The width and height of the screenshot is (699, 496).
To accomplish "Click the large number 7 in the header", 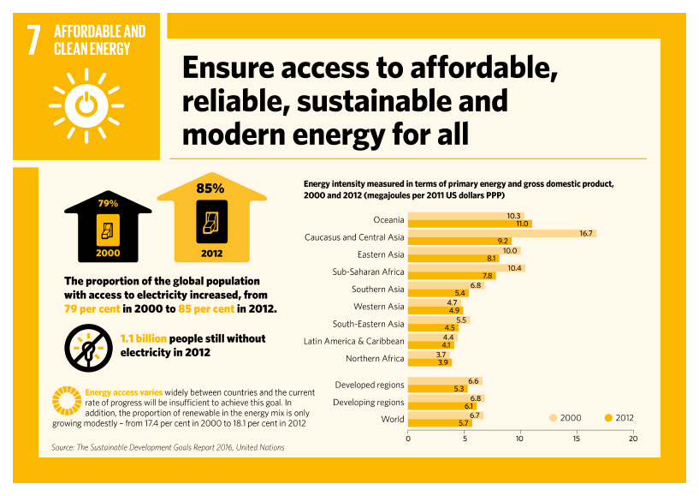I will pyautogui.click(x=34, y=40).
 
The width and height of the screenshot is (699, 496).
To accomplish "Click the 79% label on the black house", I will pyautogui.click(x=108, y=204).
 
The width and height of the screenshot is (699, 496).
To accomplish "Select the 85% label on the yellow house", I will pyautogui.click(x=210, y=188).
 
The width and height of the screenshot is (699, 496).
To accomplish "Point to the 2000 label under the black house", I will pyautogui.click(x=108, y=254).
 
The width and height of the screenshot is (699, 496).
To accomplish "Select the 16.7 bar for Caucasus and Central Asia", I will pyautogui.click(x=501, y=233).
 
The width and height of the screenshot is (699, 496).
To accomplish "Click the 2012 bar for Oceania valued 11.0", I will pyautogui.click(x=469, y=224).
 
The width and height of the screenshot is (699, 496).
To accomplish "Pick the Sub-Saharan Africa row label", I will pyautogui.click(x=368, y=272).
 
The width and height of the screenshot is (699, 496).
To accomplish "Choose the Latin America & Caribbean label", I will pyautogui.click(x=354, y=341).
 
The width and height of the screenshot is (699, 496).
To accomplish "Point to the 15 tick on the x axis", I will pyautogui.click(x=577, y=439).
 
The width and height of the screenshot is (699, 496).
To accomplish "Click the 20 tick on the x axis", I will pyautogui.click(x=633, y=439).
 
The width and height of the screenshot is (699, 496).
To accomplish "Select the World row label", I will pyautogui.click(x=393, y=419).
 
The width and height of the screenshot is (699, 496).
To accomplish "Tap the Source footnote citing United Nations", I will pyautogui.click(x=168, y=447).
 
